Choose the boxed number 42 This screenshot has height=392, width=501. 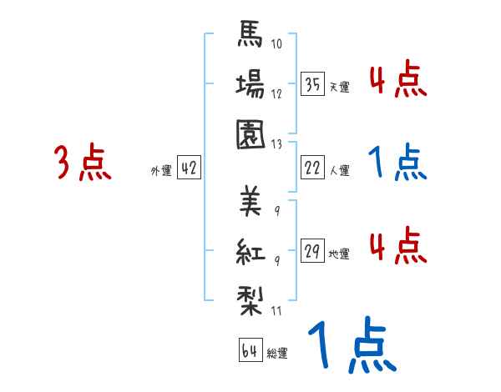[188, 168]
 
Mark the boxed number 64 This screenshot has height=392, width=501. [250, 350]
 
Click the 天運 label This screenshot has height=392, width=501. [339, 87]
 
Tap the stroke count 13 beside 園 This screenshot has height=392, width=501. [278, 143]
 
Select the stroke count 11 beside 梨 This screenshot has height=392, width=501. [277, 311]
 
